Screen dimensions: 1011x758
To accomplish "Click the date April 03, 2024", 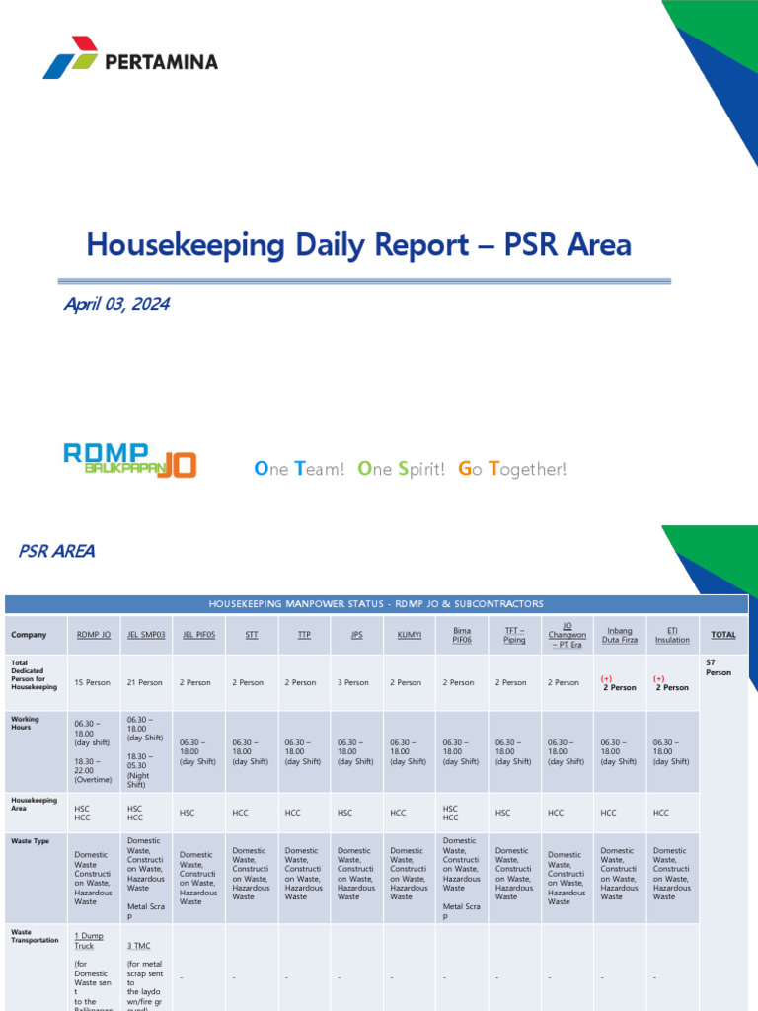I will [116, 304].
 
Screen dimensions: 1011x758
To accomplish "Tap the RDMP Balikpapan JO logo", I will [129, 459].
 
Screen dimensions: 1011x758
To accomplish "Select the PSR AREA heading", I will [57, 551].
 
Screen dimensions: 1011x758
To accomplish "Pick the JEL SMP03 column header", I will [146, 635].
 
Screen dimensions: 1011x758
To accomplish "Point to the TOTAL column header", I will [723, 635].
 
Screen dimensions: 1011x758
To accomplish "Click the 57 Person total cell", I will [719, 666].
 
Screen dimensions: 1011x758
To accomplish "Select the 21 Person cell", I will [144, 682].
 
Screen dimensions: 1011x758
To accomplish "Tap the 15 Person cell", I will [92, 682].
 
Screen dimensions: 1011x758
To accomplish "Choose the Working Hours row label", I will [26, 724].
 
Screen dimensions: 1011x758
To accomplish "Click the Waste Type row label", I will [30, 841].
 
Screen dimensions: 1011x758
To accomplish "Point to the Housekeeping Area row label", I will [34, 804].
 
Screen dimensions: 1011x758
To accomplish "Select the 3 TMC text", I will [138, 945].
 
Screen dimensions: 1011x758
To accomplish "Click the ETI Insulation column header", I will [672, 635].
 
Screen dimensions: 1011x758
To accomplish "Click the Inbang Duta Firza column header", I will [620, 635].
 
